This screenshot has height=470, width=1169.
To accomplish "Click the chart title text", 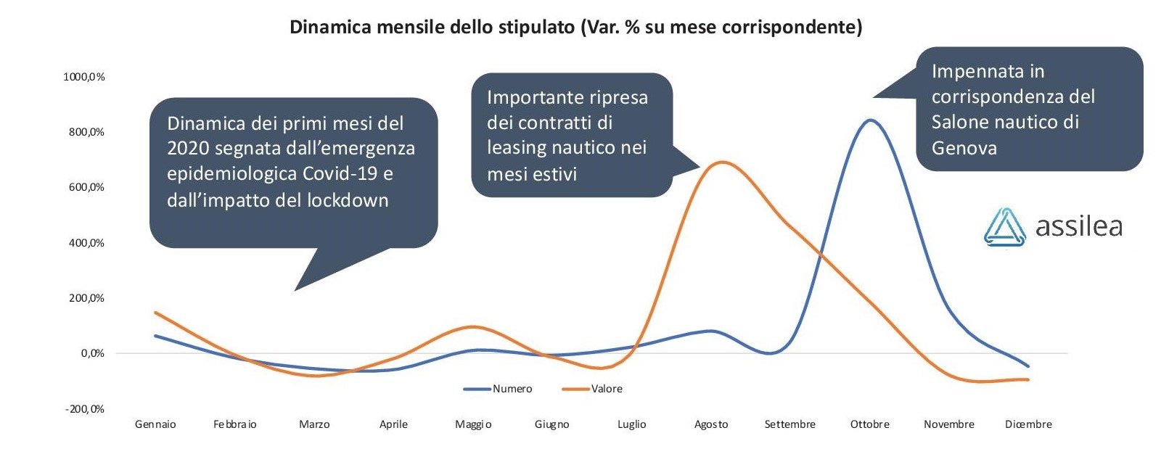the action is click(x=575, y=27).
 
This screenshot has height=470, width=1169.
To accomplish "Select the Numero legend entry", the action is click(x=498, y=389).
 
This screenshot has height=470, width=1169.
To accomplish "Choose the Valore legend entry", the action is click(x=592, y=389).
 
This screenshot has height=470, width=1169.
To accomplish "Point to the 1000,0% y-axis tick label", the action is click(x=84, y=77).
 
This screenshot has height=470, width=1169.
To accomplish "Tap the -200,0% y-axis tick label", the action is click(x=85, y=409).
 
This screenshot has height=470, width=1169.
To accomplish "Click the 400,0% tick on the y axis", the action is click(x=86, y=242).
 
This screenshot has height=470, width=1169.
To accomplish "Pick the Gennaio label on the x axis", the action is click(x=155, y=424).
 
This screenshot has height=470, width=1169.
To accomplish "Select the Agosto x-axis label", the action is click(x=711, y=424).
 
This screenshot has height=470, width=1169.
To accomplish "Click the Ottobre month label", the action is click(x=869, y=424).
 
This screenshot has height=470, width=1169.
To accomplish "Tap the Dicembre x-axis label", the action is click(x=1028, y=424).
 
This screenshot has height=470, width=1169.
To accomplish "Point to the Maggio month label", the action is click(x=473, y=424).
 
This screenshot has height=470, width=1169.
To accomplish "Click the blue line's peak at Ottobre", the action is click(x=870, y=120).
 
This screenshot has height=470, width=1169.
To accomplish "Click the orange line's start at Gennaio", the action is click(x=155, y=313).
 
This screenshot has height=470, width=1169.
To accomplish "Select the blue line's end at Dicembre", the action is click(x=1028, y=366).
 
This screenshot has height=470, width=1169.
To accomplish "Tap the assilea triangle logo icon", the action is click(x=1004, y=228).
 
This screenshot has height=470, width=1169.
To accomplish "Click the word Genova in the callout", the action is click(x=964, y=148).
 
